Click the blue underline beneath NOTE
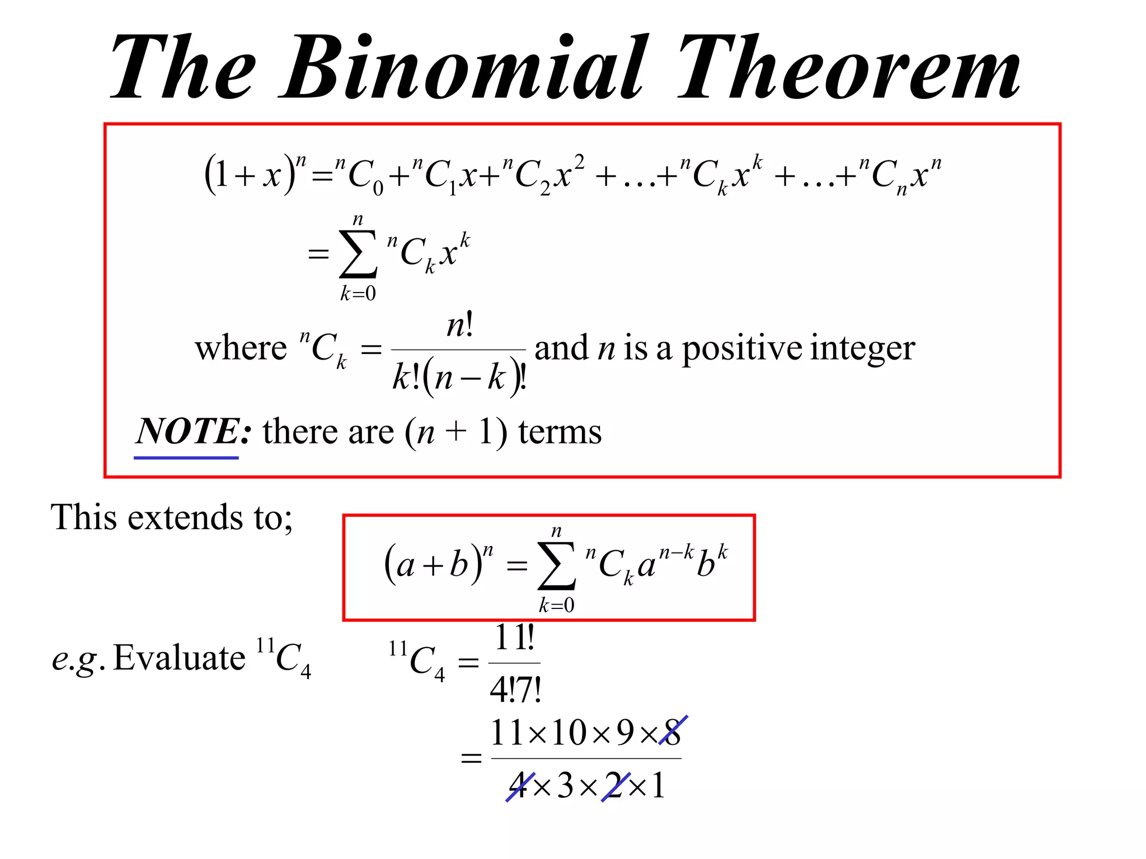click(x=186, y=457)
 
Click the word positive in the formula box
click(x=742, y=349)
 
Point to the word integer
click(x=862, y=349)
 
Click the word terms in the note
click(x=560, y=432)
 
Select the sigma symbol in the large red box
click(x=358, y=254)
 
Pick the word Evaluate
click(x=179, y=658)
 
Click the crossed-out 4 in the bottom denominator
click(x=519, y=785)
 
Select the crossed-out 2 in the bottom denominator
click(x=615, y=785)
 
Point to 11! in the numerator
click(x=515, y=638)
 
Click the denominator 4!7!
click(x=515, y=689)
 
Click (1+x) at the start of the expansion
click(x=250, y=174)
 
